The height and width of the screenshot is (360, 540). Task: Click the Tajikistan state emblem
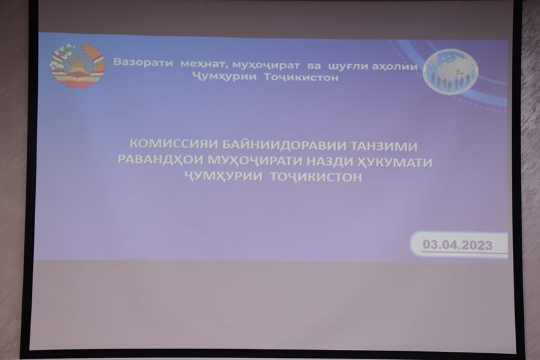tap(77, 66)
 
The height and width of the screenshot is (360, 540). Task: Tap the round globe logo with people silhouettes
tap(450, 72)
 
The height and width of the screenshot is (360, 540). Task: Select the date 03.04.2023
tap(458, 245)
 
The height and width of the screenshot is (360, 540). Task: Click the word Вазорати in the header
tap(143, 62)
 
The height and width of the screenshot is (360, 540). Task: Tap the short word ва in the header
tap(314, 66)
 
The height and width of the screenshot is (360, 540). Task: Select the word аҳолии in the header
tap(395, 66)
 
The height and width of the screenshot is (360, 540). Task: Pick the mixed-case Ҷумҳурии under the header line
tap(225, 76)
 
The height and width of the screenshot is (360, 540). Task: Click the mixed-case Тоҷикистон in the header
tap(302, 77)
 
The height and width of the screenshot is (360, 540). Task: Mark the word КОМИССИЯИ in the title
tap(174, 144)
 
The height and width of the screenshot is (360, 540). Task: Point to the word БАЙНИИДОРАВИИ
tap(284, 145)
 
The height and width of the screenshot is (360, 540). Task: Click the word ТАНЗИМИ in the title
tap(384, 147)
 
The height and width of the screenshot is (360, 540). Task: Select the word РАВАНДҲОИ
tap(161, 159)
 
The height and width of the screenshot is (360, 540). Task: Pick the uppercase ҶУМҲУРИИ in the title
tap(223, 176)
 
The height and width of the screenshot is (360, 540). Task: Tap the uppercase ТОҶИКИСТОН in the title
tap(316, 177)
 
